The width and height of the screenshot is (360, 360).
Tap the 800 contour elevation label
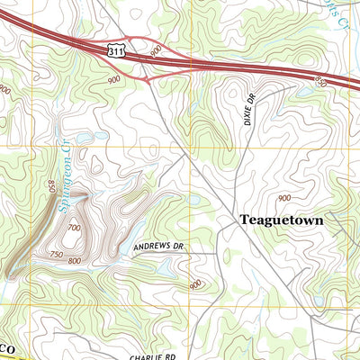pos(75,261)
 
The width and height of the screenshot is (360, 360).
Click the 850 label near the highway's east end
pos(322,82)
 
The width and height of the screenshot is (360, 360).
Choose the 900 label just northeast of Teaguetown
pos(284,198)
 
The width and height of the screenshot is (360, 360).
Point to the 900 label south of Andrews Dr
pos(195,284)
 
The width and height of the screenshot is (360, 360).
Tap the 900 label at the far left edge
pos(5,90)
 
